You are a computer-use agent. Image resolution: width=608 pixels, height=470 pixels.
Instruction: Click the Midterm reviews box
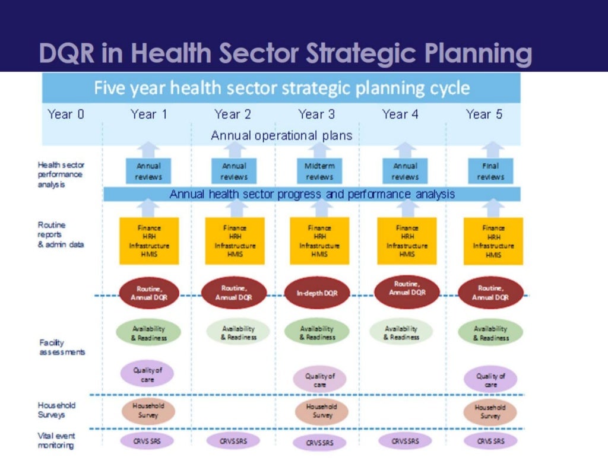[319, 171]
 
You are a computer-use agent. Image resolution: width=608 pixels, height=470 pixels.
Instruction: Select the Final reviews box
[490, 171]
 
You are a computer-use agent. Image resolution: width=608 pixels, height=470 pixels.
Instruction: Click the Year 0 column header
[66, 114]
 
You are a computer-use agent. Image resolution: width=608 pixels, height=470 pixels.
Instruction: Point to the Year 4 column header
[400, 114]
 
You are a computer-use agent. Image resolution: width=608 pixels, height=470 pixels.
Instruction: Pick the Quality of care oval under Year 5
[490, 380]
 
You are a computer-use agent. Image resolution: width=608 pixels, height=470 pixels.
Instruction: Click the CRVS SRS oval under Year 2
[233, 442]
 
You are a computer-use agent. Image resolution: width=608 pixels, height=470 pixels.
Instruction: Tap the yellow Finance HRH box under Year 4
[407, 240]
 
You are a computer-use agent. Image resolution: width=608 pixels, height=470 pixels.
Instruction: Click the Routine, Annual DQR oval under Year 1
[145, 293]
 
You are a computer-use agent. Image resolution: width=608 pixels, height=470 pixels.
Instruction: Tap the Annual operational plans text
[281, 135]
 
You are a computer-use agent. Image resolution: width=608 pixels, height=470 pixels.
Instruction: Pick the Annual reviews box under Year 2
[234, 171]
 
